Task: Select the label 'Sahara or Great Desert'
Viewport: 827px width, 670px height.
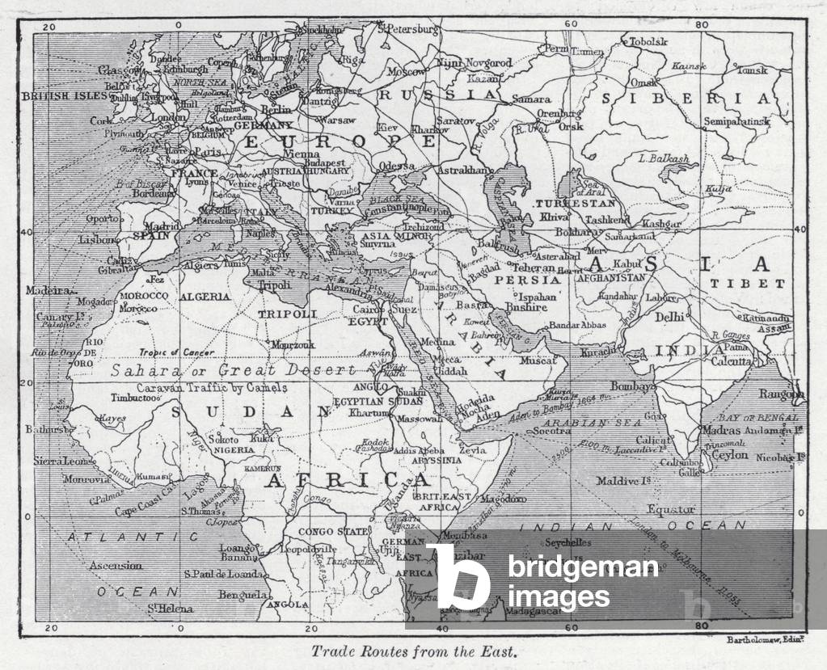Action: (x=233, y=370)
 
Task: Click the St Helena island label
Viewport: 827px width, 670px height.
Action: (x=171, y=609)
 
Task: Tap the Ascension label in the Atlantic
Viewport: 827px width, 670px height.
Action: (x=117, y=565)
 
